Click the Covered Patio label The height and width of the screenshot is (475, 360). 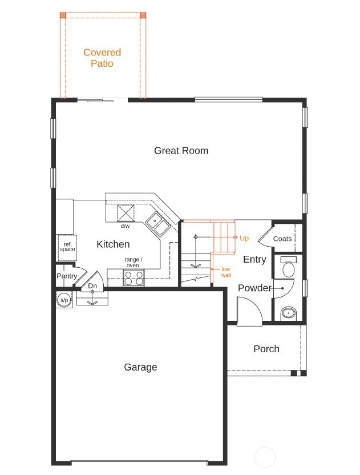(102, 58)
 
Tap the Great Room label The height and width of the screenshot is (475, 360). (181, 151)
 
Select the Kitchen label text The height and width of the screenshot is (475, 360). (113, 244)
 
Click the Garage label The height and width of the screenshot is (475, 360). (140, 367)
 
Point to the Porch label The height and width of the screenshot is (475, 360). (266, 349)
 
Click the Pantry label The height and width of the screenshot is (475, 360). (66, 276)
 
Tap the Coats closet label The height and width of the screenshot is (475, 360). (282, 239)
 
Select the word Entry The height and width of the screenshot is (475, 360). (254, 260)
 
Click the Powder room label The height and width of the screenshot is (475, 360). (254, 288)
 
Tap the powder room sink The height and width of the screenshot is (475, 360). (289, 313)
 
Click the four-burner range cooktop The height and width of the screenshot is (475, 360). (134, 278)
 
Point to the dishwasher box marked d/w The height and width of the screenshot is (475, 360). (126, 213)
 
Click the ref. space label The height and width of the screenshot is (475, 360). (67, 247)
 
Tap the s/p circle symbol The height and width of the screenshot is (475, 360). (64, 300)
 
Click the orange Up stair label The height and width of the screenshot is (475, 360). (244, 237)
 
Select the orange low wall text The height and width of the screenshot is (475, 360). (226, 272)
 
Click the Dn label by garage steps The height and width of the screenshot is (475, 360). (92, 286)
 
